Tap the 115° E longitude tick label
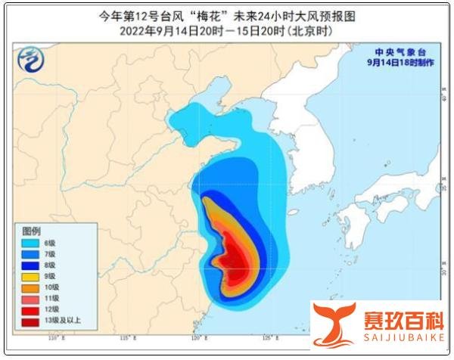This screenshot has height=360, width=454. point(133,337)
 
